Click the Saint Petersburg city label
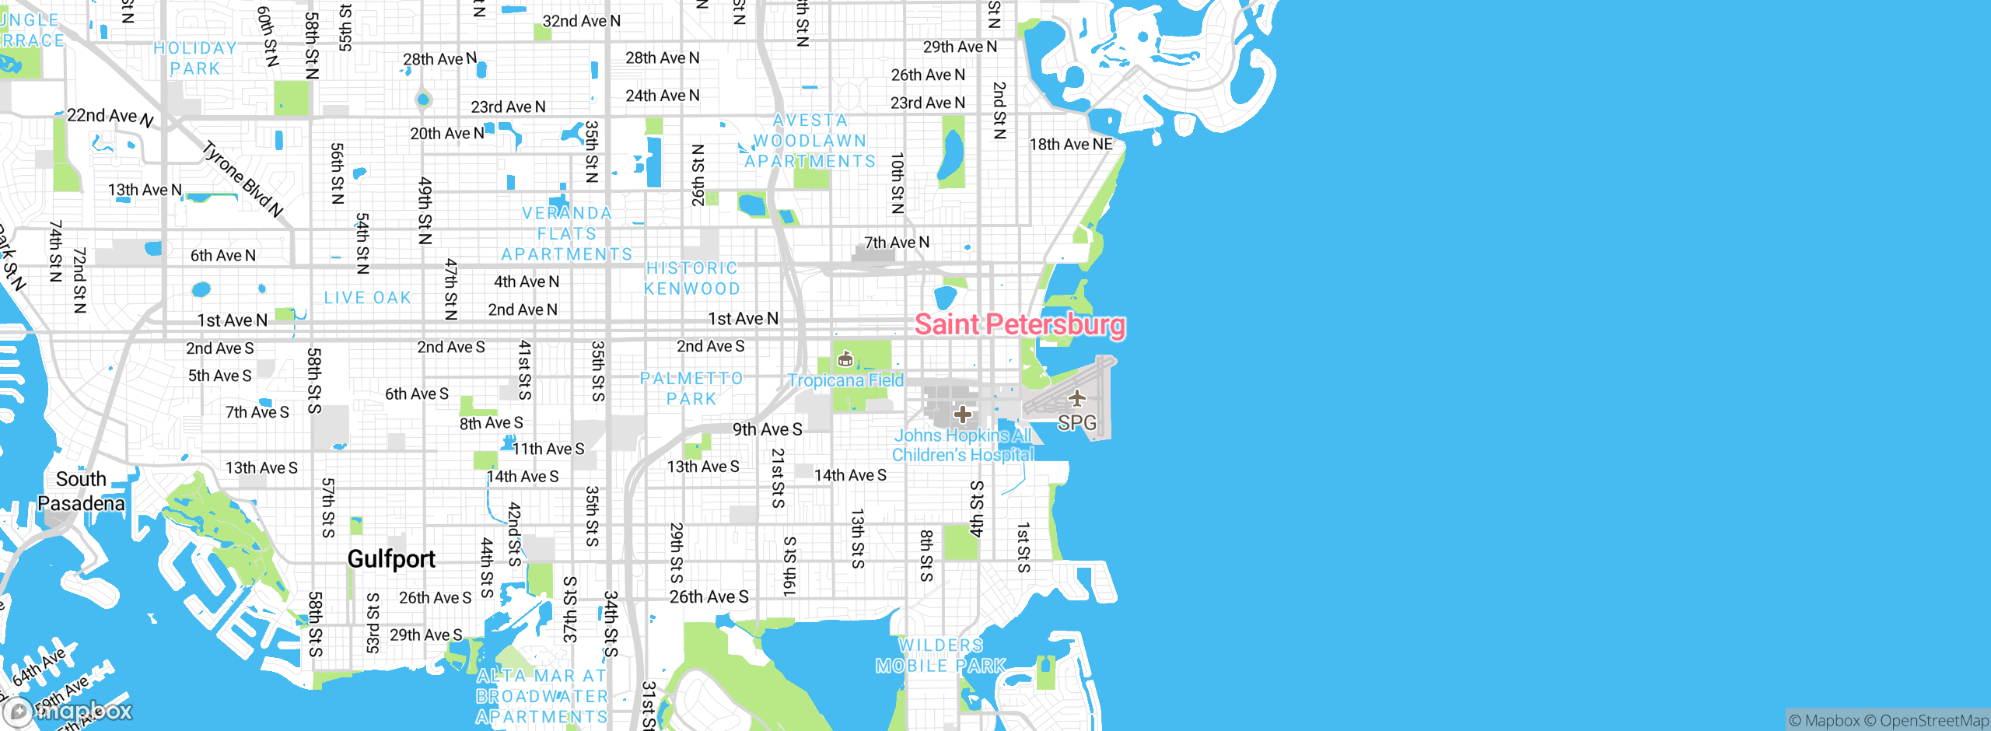coord(1020,324)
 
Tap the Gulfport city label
coord(391,558)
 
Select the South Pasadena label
coord(81,491)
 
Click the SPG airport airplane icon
coord(1077,399)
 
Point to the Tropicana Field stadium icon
coord(845,359)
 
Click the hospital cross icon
coord(963,414)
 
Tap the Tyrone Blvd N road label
coord(243,179)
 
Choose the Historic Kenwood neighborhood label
coord(692,278)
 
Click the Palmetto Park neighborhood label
coord(691,388)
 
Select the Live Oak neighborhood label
coord(368,298)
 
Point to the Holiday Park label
coord(195,58)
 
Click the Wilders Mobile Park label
coord(941,656)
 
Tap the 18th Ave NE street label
coord(1071,144)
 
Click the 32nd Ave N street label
coord(581,21)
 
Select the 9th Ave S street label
coord(767,429)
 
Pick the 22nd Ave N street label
coord(110,117)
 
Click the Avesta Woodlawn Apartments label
coord(810,141)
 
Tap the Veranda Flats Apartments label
coord(567,233)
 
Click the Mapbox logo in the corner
coord(68,711)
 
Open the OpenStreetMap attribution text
coord(1933,721)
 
